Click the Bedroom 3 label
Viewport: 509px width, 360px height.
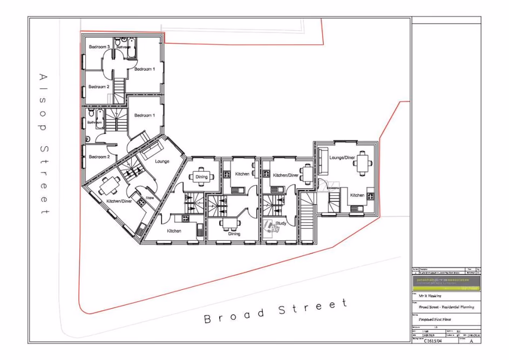(x=99, y=47)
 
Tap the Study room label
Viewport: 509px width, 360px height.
(x=281, y=223)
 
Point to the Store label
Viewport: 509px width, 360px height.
(x=150, y=198)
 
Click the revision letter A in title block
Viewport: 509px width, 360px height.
(x=471, y=341)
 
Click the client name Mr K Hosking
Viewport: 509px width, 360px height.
(x=430, y=296)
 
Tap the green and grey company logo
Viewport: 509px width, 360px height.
(x=446, y=281)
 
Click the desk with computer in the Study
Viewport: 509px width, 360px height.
(x=272, y=227)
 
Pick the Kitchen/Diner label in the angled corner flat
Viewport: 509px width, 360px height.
(x=119, y=201)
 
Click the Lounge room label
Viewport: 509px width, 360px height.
(x=162, y=161)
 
